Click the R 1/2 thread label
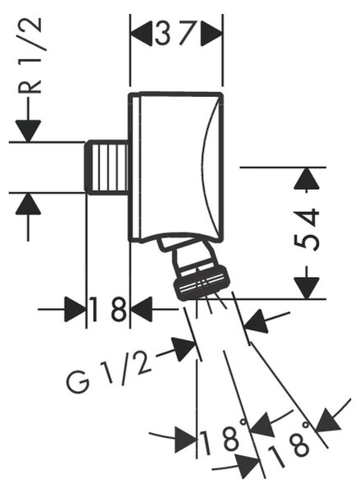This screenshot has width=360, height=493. point(30,56)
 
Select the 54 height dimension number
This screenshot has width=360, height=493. point(307,229)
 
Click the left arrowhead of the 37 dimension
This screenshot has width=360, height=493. point(141,34)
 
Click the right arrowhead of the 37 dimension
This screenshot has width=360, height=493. point(211,34)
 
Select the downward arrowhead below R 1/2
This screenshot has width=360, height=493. point(28,131)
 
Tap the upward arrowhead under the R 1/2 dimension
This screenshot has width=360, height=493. point(28,204)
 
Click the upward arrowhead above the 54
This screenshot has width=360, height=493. point(307,178)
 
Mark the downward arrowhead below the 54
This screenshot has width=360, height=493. point(307,288)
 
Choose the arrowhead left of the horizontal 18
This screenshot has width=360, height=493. point(75,310)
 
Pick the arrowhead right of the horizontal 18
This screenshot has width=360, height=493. point(141,310)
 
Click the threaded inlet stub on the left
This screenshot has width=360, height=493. point(107,168)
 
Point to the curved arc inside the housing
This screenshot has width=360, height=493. point(210,168)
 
